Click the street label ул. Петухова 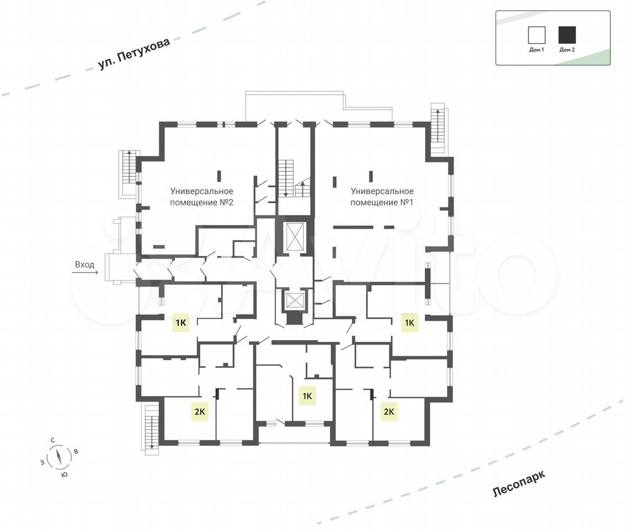coord(134,54)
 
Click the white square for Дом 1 coord(536,35)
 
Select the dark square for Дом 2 coord(567,35)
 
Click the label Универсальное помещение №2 coord(202,196)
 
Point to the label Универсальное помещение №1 coord(382,196)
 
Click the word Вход coord(85,264)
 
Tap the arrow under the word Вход coord(85,273)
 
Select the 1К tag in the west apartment coord(181,322)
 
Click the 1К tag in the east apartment coord(410,322)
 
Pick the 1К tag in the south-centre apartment coord(307,395)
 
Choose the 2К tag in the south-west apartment coord(200,412)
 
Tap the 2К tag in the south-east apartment coord(389,412)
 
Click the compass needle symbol coord(59,457)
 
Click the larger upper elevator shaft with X coord(295,237)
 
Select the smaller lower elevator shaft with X coord(295,300)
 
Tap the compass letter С coord(53,440)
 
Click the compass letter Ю coord(64,475)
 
